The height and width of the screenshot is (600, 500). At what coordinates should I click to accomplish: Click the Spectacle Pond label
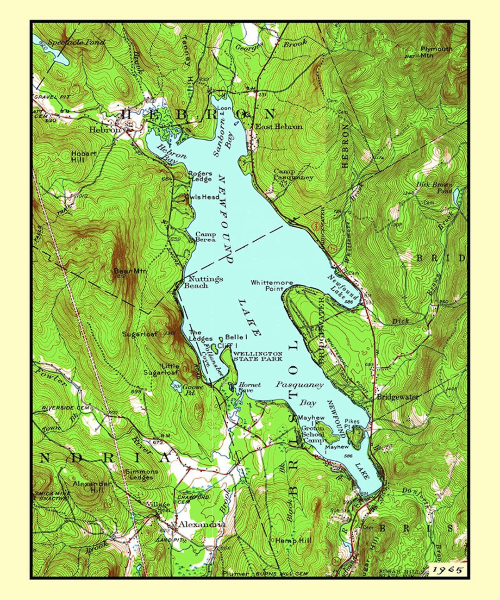click(76, 42)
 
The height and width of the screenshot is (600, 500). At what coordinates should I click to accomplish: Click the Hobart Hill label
click(84, 156)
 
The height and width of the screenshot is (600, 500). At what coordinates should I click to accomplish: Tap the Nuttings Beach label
click(203, 282)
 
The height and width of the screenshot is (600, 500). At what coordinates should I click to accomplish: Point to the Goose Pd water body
click(176, 387)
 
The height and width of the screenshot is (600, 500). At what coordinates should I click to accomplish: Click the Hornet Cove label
click(250, 387)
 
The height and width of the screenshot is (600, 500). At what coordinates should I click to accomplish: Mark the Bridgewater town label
click(397, 397)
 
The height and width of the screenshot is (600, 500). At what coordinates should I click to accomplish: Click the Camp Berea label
click(205, 237)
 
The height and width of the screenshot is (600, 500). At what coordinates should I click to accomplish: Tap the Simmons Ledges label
click(142, 475)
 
